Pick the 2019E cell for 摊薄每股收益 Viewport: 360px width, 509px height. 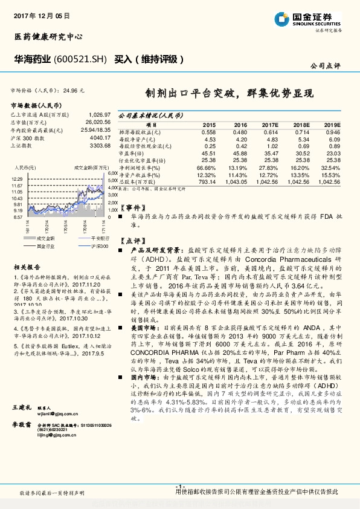point(333,132)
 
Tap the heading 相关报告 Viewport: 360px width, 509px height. point(27,266)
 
